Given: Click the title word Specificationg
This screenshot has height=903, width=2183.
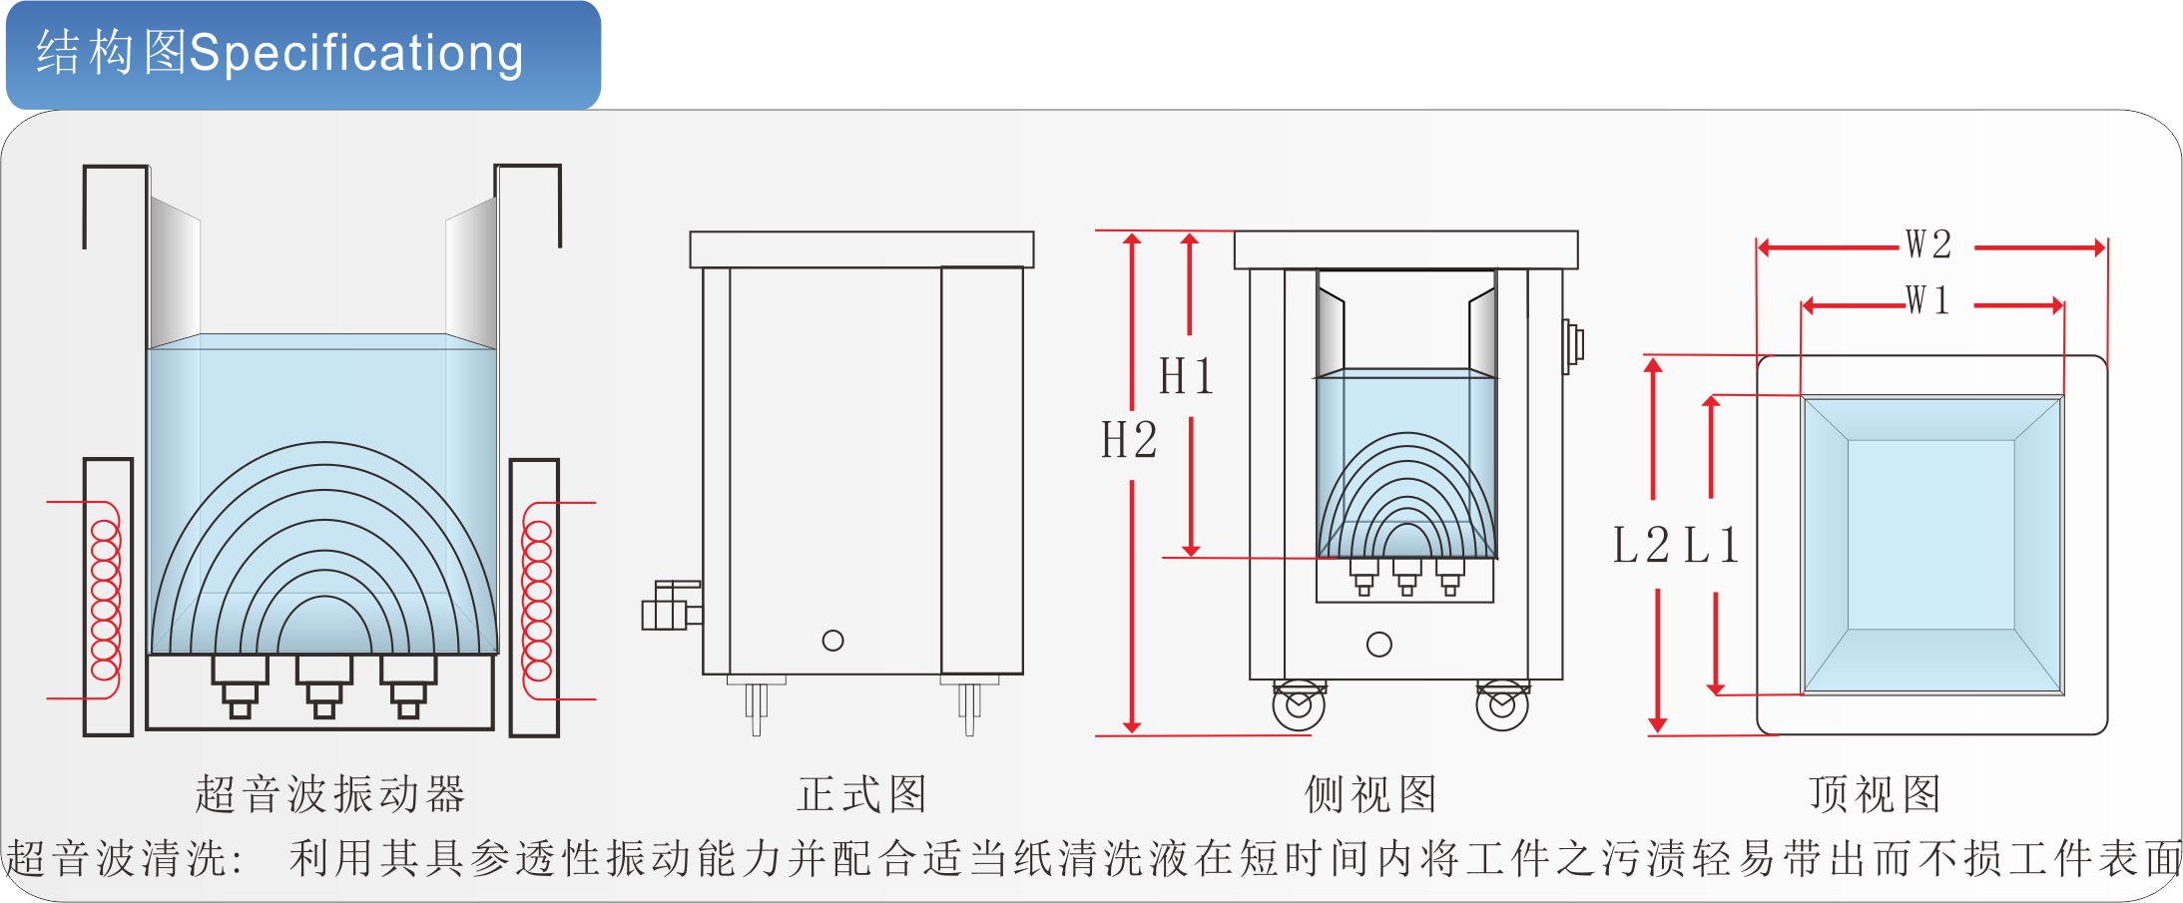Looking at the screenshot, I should coord(355,54).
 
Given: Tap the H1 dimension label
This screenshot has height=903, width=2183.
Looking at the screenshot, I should coord(1186,376).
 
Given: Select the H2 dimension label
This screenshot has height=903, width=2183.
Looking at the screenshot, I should coord(1129,440).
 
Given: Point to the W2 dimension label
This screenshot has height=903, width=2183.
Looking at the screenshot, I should coord(1927,244).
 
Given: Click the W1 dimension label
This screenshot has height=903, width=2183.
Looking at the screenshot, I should coord(1927,300).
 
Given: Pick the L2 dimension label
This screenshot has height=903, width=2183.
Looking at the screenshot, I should coord(1641,546).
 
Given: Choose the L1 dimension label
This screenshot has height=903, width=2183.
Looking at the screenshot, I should coord(1712,546).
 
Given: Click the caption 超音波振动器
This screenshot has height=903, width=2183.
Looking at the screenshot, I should coord(329,794).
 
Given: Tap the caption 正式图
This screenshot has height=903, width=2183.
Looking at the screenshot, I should coord(862,794).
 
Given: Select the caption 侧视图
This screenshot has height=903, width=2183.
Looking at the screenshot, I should coord(1370,794).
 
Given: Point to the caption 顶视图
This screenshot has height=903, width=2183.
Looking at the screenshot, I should coord(1875,794).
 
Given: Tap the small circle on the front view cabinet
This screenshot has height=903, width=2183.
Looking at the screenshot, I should coord(832,641).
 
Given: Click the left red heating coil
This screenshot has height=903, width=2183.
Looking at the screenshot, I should coord(105,600).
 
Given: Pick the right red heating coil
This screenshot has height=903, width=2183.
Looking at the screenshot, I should coord(537,600).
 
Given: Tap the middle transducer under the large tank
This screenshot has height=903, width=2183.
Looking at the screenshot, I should coord(323,686).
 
